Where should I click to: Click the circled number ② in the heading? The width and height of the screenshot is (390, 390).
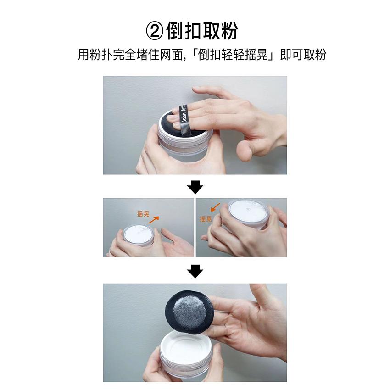(x=155, y=31)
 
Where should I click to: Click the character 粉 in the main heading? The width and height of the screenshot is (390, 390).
(x=229, y=31)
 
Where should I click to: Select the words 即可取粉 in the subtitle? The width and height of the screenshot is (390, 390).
(x=303, y=55)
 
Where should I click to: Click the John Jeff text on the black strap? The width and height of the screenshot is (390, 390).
(x=184, y=113)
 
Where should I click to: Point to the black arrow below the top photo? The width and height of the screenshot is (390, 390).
(x=195, y=187)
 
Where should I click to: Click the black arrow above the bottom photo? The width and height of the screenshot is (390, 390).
(x=195, y=271)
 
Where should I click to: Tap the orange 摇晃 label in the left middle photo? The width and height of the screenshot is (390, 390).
(x=143, y=214)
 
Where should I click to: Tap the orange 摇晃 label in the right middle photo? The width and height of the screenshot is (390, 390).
(x=206, y=219)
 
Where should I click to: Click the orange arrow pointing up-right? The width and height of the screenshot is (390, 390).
(x=154, y=220)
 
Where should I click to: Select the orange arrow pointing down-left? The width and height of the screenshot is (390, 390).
(x=215, y=207)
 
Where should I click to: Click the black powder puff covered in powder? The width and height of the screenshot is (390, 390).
(x=189, y=311)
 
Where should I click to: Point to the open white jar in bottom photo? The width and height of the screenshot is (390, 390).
(x=185, y=353)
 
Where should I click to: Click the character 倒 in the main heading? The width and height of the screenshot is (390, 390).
(x=175, y=31)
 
